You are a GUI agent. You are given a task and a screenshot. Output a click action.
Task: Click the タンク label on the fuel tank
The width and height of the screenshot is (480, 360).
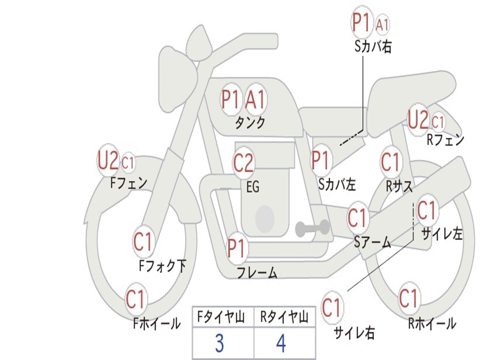pyautogui.click(x=250, y=123)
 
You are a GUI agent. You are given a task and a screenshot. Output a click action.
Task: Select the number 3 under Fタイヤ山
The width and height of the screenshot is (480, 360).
pyautogui.click(x=219, y=344)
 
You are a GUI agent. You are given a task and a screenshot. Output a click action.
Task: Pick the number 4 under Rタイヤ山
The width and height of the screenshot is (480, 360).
pyautogui.click(x=281, y=344)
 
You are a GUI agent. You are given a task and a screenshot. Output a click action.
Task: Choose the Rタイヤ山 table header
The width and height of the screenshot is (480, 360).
pyautogui.click(x=284, y=318)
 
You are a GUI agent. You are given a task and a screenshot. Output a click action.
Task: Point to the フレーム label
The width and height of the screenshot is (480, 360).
pyautogui.click(x=256, y=273)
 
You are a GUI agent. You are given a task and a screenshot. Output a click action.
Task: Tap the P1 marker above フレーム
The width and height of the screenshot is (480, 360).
pyautogui.click(x=236, y=248)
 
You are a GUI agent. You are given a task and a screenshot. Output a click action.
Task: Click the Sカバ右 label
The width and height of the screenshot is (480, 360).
pyautogui.click(x=373, y=46)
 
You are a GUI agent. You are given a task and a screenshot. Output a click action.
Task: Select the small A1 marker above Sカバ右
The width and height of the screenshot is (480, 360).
pyautogui.click(x=382, y=25)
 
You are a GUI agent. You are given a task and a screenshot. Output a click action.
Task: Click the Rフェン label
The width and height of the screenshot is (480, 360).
pyautogui.click(x=445, y=140)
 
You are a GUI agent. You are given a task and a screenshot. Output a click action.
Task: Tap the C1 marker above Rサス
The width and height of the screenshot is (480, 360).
pyautogui.click(x=390, y=162)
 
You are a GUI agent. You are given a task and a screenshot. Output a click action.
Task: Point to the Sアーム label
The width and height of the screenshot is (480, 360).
pyautogui.click(x=372, y=242)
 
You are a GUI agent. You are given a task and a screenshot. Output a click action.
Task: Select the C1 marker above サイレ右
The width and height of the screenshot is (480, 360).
pyautogui.click(x=332, y=308)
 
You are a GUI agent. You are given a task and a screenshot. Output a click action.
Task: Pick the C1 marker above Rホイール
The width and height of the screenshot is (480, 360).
pyautogui.click(x=408, y=298)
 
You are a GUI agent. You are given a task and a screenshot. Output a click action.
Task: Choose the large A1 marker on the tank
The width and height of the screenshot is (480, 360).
pyautogui.click(x=255, y=99)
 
